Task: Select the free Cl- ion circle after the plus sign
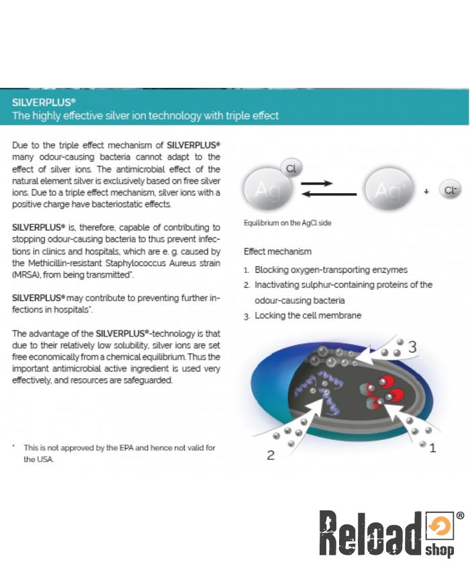point(450,191)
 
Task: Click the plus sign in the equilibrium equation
point(426,192)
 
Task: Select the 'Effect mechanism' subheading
point(277,251)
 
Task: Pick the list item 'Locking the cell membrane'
point(308,315)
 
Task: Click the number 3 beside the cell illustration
point(412,347)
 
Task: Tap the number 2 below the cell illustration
point(271,455)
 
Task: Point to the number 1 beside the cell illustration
point(432,448)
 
